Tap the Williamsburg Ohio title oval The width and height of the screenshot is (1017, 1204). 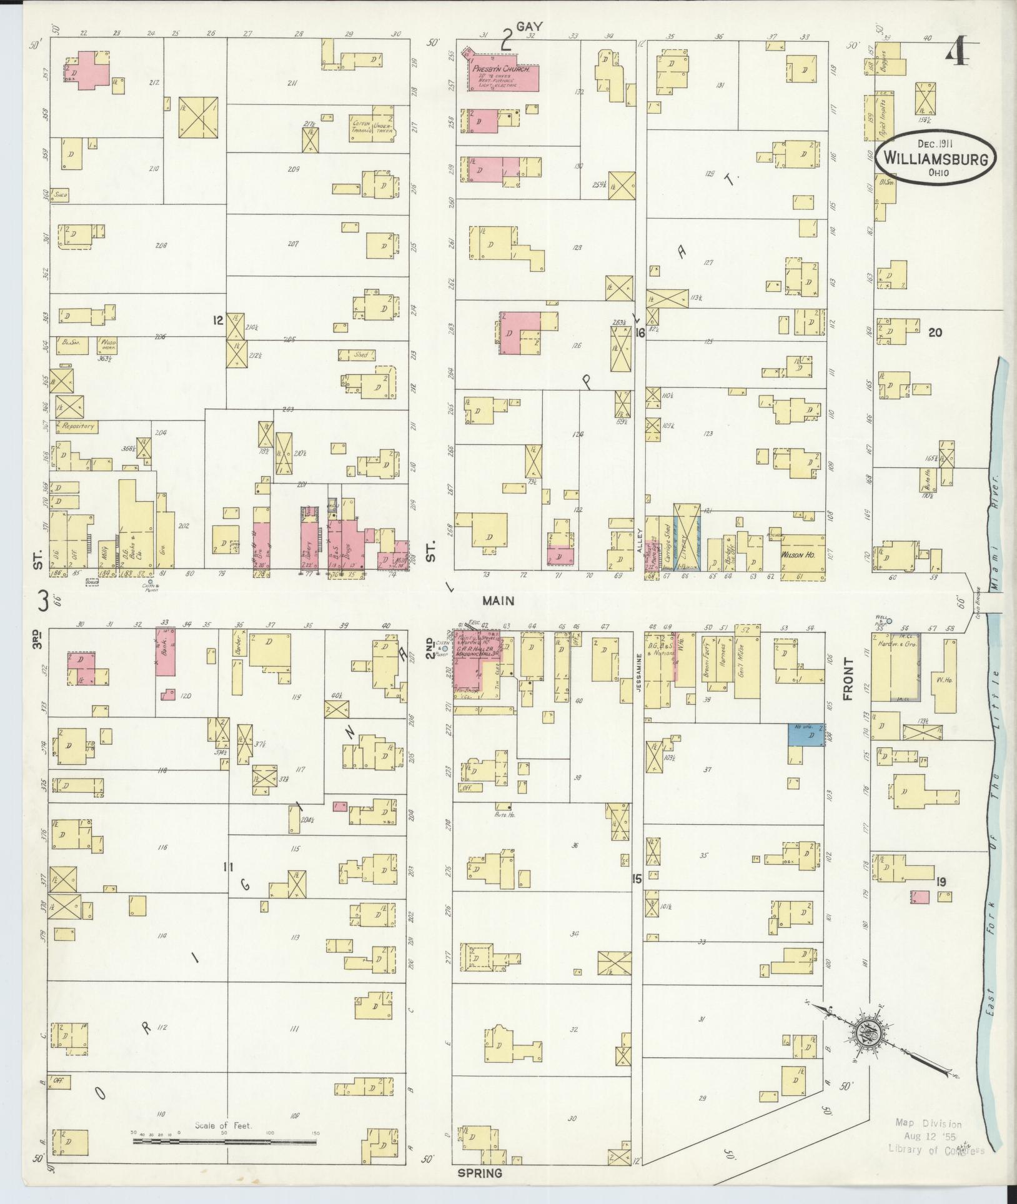click(x=935, y=159)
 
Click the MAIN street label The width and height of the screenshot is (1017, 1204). click(x=498, y=600)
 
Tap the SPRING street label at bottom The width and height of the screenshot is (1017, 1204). click(x=480, y=1173)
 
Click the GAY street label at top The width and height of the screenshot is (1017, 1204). click(x=533, y=26)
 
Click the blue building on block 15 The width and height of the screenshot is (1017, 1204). click(x=805, y=735)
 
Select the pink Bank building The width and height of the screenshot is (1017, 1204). click(x=166, y=652)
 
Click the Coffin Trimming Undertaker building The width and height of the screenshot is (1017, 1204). click(x=372, y=127)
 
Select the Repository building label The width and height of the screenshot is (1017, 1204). click(x=77, y=426)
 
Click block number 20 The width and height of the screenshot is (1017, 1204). click(x=935, y=332)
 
